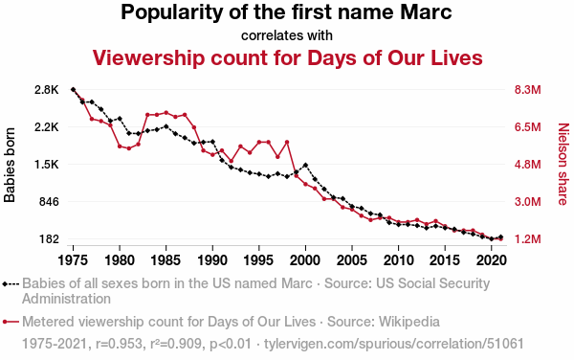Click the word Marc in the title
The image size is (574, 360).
(426, 12)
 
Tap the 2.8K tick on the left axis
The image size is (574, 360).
(47, 90)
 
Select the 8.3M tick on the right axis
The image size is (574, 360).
(527, 90)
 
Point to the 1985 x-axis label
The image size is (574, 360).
(166, 260)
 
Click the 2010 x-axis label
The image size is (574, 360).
(398, 260)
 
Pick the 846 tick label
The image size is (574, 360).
(49, 202)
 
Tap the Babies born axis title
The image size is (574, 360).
(10, 165)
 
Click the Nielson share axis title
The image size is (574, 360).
(563, 164)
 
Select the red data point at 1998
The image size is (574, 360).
(287, 142)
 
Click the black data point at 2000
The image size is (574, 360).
(305, 166)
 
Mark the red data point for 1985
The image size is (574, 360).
(166, 112)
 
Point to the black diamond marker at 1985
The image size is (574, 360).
(166, 126)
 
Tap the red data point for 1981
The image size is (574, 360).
(129, 148)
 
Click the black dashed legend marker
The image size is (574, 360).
(11, 283)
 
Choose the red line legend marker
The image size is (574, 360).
(11, 322)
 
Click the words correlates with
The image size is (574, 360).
(287, 35)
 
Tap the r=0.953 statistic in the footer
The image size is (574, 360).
(119, 344)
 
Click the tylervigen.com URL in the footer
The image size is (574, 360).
(394, 344)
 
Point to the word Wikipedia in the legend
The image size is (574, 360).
(409, 322)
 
